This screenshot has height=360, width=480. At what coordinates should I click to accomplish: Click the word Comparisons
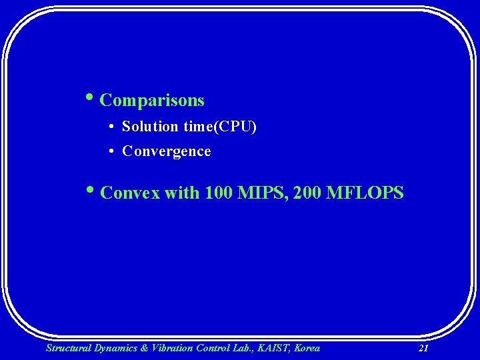coord(152,101)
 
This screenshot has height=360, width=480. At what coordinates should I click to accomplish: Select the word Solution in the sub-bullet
coord(151,127)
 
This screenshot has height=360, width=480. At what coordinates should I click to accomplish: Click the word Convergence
coord(167,151)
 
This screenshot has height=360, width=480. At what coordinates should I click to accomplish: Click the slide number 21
coord(423,348)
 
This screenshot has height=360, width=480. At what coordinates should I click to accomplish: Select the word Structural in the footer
coord(67,348)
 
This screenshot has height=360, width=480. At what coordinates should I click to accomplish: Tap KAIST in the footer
coord(271,348)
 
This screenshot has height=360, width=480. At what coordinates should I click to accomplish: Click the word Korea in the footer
coord(306,348)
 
